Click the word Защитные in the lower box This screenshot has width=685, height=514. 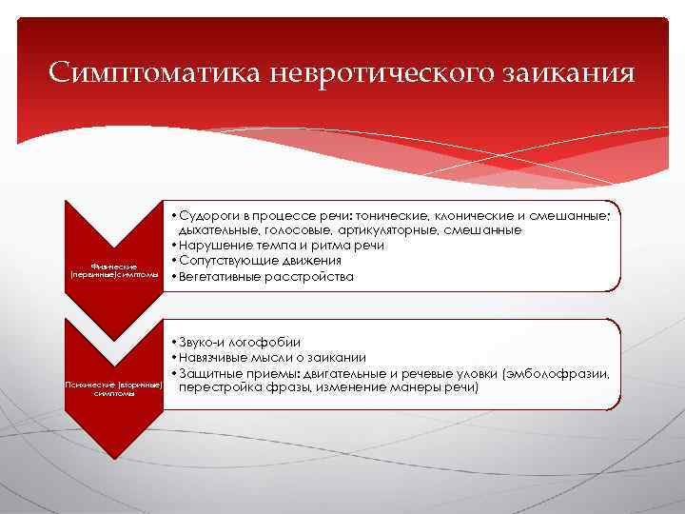point(205,373)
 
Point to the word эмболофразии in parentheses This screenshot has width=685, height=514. point(568,373)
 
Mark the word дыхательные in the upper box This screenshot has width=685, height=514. point(212,230)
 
